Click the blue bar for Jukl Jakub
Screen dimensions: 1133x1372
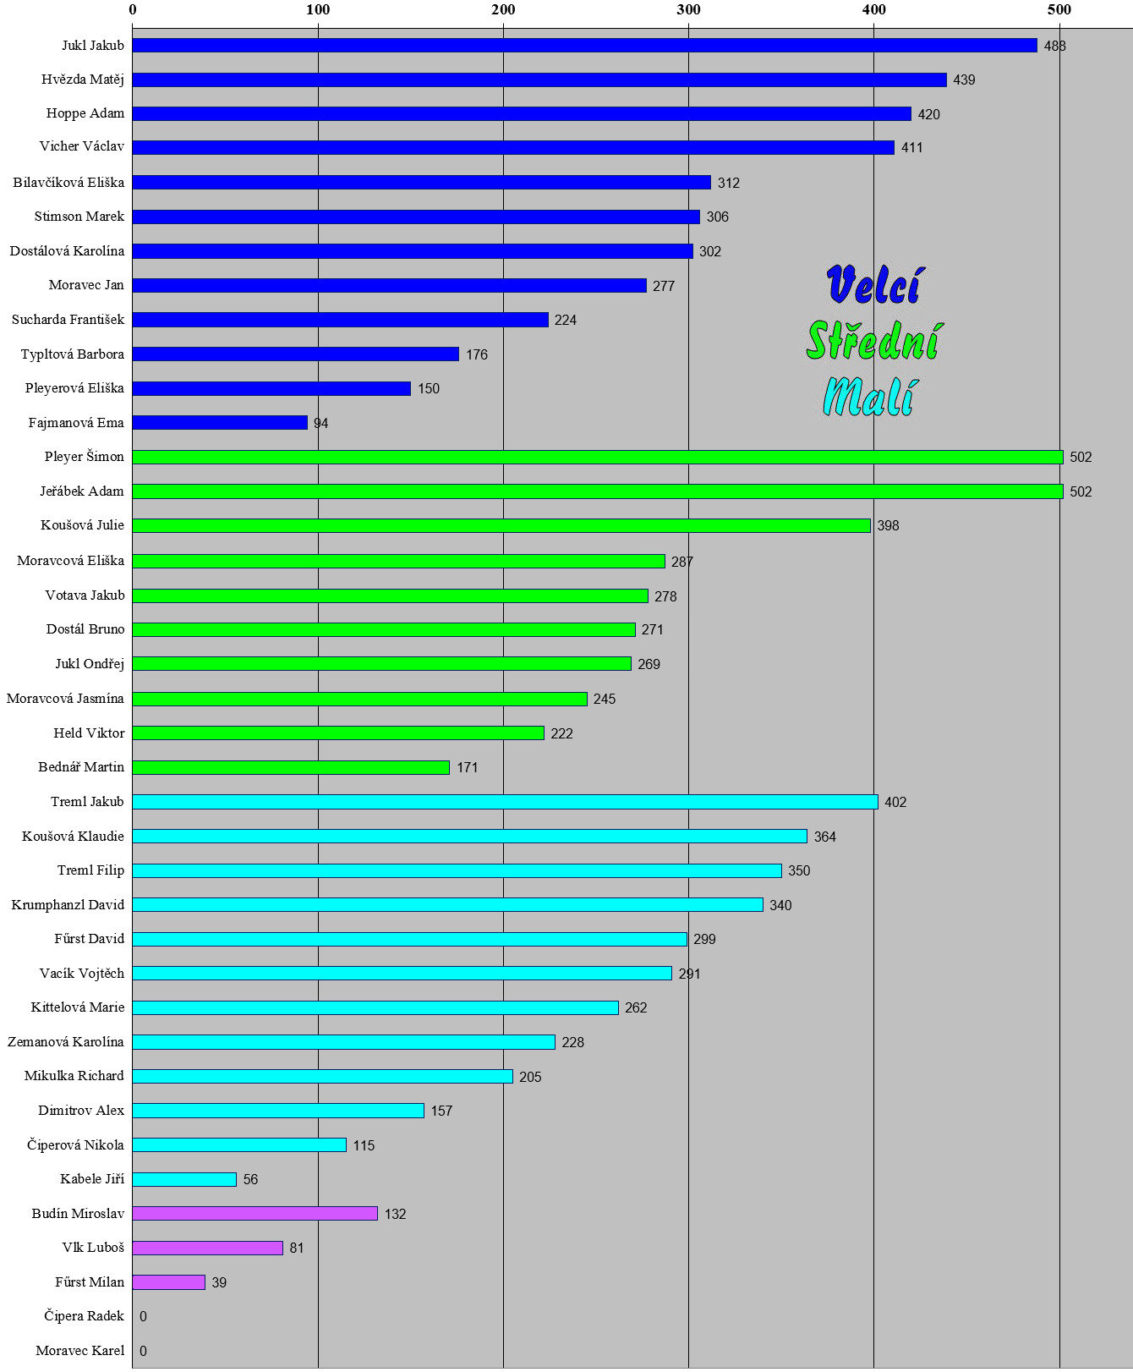[584, 46]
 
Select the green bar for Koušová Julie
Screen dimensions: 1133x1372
[501, 525]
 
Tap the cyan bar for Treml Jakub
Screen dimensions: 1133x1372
[506, 802]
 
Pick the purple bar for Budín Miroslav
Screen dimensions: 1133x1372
[255, 1214]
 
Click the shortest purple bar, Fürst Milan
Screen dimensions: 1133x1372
[169, 1282]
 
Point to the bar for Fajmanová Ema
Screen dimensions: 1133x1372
[220, 422]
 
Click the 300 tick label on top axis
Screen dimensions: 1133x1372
[688, 9]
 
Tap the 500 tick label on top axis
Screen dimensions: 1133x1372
[1059, 9]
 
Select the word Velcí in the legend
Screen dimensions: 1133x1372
[874, 284]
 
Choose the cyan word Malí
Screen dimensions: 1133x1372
[869, 396]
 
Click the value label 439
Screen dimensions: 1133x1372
[964, 80]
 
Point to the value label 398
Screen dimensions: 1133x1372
[888, 525]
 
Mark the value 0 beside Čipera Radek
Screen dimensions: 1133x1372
[143, 1316]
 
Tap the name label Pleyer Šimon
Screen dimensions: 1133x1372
[85, 457]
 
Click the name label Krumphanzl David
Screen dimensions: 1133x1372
[68, 905]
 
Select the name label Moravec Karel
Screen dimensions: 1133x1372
[80, 1351]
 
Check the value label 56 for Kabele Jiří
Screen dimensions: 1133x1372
[250, 1179]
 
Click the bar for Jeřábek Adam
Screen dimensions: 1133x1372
[598, 491]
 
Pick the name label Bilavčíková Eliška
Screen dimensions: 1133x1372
[68, 183]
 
